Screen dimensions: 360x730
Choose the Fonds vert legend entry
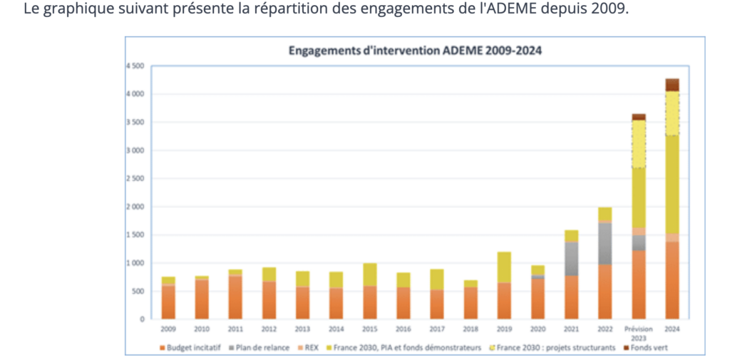648,347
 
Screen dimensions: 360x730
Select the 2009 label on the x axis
168,329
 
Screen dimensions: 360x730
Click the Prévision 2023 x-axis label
638,332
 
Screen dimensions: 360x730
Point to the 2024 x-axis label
672,329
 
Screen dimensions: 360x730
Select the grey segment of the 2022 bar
605,243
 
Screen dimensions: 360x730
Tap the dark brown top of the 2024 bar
672,84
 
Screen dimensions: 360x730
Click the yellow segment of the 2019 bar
504,267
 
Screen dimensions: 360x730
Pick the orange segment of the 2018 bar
471,302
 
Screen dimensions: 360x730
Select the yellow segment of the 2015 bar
369,274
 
